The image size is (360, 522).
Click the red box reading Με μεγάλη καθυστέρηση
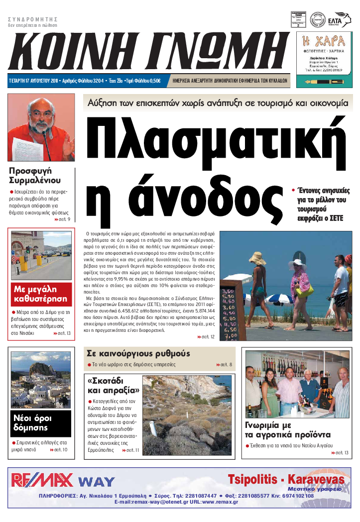41,294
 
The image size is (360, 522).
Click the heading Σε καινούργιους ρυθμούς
138,353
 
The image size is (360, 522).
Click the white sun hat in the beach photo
297,263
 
